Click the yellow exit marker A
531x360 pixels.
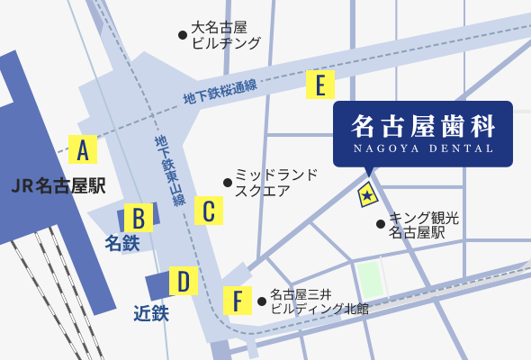pyautogui.click(x=82, y=148)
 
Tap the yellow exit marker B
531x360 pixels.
pyautogui.click(x=139, y=218)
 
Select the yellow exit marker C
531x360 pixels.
pyautogui.click(x=208, y=211)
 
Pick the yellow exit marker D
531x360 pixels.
pyautogui.click(x=184, y=282)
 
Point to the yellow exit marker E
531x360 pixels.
pyautogui.click(x=319, y=85)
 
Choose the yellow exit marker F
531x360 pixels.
pyautogui.click(x=237, y=300)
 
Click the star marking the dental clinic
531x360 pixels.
pyautogui.click(x=367, y=193)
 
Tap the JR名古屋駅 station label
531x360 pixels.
pyautogui.click(x=59, y=186)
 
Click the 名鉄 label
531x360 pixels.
pyautogui.click(x=122, y=243)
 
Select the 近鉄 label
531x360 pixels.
pyautogui.click(x=150, y=313)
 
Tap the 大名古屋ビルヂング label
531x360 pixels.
pyautogui.click(x=226, y=35)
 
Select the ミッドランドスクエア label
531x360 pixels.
pyautogui.click(x=275, y=182)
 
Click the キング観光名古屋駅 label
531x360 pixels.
pyautogui.click(x=423, y=225)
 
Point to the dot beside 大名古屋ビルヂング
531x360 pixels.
pyautogui.click(x=183, y=34)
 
